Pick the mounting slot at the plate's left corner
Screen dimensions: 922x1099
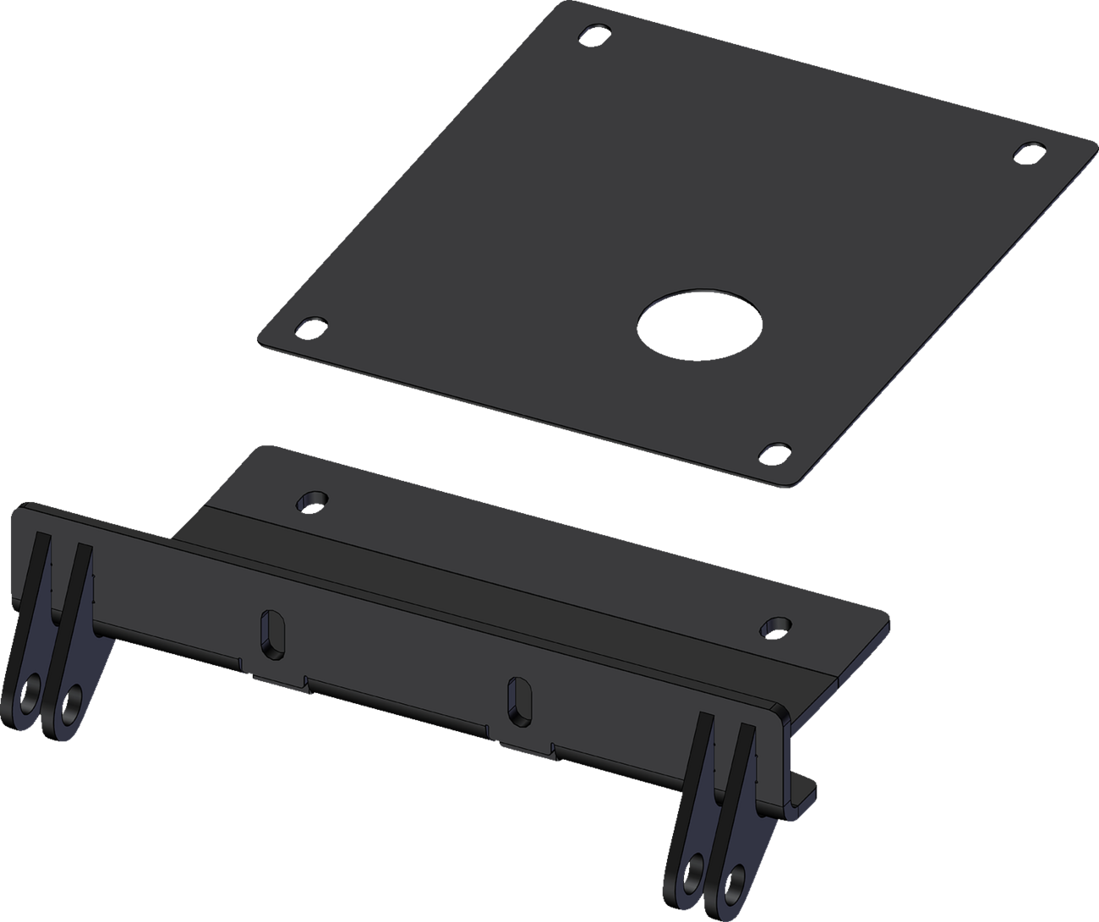coord(311,325)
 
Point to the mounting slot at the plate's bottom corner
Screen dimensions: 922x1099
coord(776,451)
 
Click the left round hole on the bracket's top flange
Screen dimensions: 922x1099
coord(312,500)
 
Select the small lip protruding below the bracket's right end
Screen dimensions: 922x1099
coord(806,794)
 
